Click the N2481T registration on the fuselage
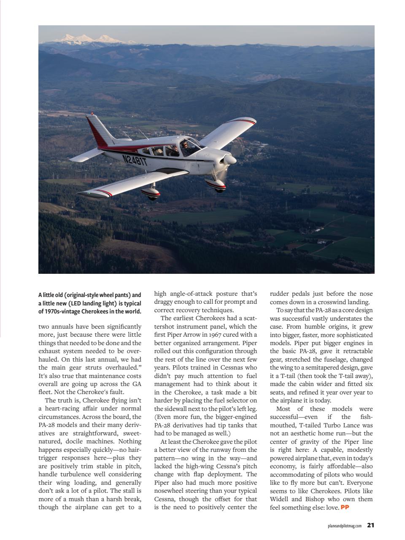tap(135, 159)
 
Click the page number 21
tap(370, 525)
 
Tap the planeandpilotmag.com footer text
tap(345, 526)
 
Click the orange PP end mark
tap(345, 507)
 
